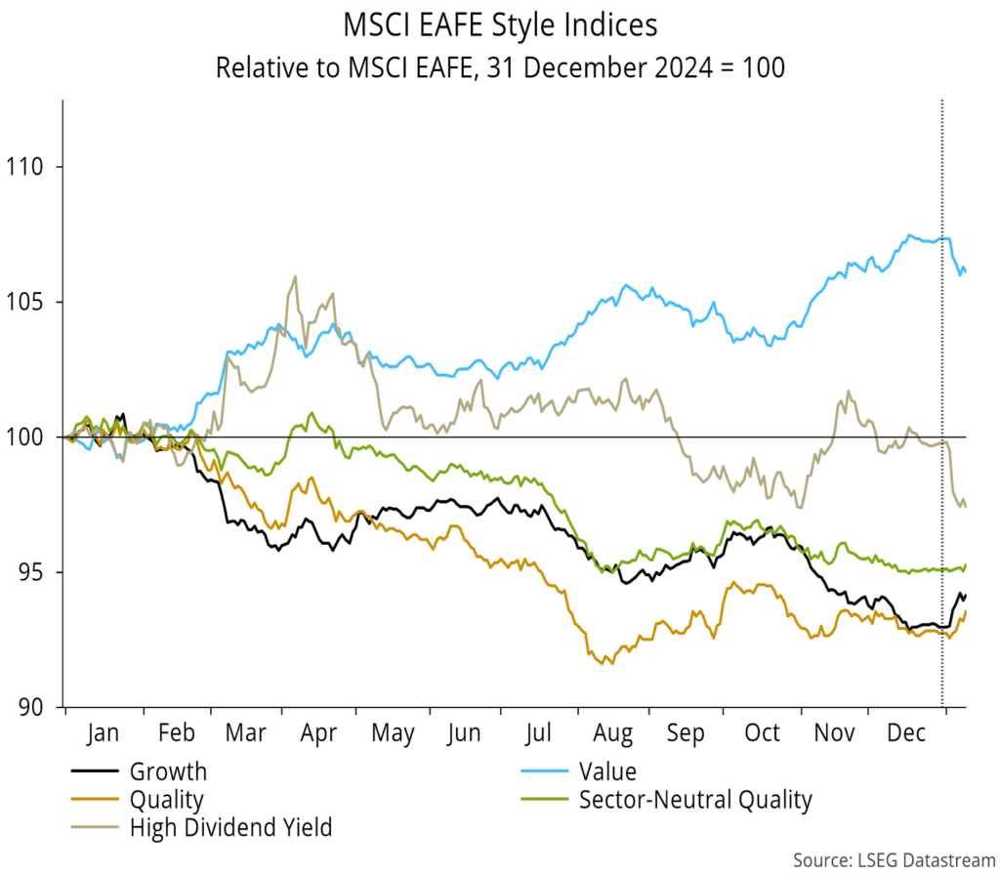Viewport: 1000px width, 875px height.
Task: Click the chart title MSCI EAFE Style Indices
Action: (500, 23)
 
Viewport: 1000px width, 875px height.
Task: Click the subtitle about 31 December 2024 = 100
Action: (500, 68)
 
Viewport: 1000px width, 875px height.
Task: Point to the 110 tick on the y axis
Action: (31, 167)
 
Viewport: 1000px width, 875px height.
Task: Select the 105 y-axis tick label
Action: (31, 302)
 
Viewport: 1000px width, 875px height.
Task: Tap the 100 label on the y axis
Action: (31, 437)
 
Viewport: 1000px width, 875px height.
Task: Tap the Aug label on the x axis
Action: (613, 733)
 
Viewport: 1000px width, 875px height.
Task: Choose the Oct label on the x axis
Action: (762, 733)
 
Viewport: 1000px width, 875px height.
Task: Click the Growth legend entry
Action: (168, 771)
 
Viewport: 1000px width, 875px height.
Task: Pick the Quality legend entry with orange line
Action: (166, 801)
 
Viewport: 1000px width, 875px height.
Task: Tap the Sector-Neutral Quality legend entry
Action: (694, 801)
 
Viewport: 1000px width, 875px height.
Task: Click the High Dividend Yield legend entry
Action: (230, 829)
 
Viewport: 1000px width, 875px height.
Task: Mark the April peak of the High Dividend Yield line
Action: (295, 276)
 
